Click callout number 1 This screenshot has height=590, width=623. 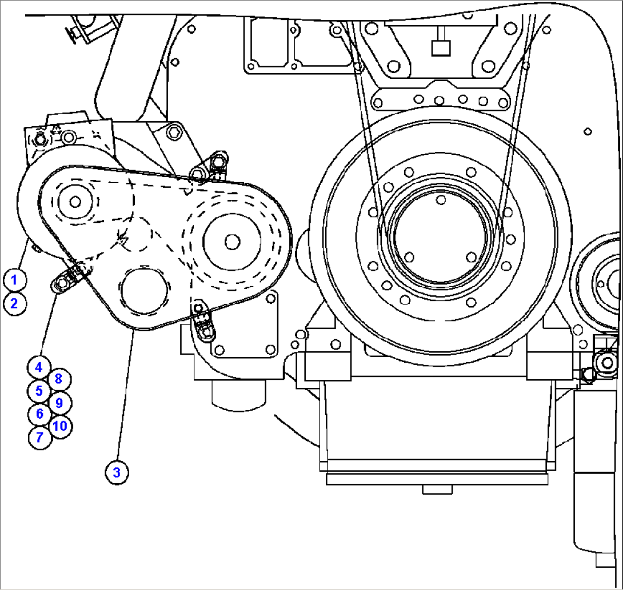[x=14, y=280]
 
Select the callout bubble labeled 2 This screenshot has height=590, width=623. [x=14, y=303]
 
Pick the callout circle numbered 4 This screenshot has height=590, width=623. [x=39, y=368]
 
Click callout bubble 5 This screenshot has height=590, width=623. [x=39, y=391]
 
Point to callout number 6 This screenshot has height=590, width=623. [x=39, y=414]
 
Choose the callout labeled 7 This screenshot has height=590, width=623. [x=39, y=438]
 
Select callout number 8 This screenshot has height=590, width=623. [x=59, y=379]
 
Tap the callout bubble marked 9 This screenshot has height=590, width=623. [x=59, y=403]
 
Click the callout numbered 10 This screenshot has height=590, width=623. [x=60, y=426]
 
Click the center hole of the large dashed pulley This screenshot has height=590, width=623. [x=231, y=242]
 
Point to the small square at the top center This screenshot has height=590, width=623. [x=440, y=49]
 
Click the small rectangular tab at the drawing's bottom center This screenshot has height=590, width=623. [x=437, y=489]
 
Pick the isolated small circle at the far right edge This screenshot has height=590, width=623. [x=588, y=131]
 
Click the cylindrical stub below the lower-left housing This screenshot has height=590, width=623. [x=239, y=394]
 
